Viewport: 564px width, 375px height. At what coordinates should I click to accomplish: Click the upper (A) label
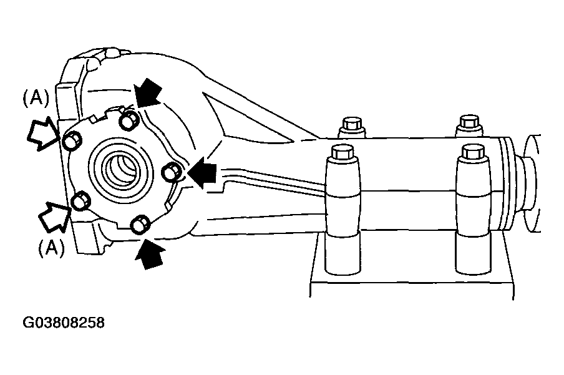(x=36, y=98)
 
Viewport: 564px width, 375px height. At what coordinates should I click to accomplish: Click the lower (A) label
(x=51, y=248)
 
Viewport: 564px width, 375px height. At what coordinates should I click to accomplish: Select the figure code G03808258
(x=64, y=323)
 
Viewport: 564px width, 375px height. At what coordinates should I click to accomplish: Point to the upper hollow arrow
(x=43, y=135)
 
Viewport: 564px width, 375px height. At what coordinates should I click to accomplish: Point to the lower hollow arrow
(x=54, y=217)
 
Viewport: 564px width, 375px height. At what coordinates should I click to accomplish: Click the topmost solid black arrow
(x=148, y=93)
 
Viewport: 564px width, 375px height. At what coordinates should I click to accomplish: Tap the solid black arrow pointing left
(x=203, y=173)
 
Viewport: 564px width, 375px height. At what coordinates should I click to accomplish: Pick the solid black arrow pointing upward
(x=150, y=253)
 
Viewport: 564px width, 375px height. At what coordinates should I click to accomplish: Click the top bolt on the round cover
(x=129, y=120)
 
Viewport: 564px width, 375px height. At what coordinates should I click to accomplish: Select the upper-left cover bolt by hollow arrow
(x=72, y=140)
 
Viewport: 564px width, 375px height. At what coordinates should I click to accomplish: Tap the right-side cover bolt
(x=171, y=172)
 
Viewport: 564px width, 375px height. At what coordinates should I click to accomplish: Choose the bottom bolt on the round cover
(x=140, y=224)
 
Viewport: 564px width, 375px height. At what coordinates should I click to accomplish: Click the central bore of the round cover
(x=120, y=168)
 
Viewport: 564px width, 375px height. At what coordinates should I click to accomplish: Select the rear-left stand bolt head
(x=352, y=125)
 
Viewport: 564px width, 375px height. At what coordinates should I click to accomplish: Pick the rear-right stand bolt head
(x=469, y=124)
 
